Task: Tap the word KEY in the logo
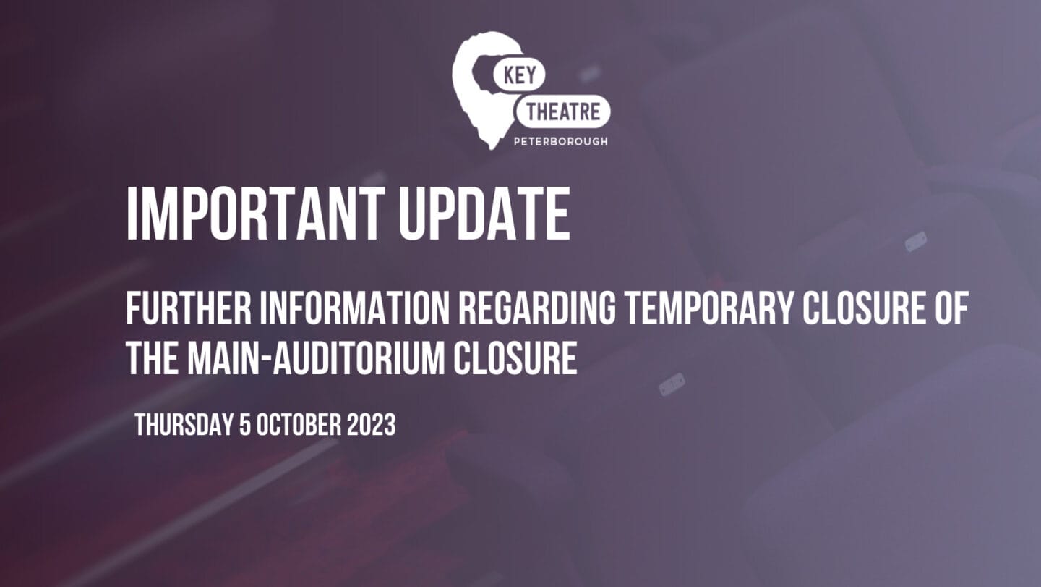coord(520,75)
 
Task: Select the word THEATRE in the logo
coord(563,112)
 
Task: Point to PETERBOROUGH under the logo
coord(560,141)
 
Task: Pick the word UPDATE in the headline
coord(484,214)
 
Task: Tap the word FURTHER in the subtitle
coord(189,308)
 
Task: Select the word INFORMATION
coord(354,308)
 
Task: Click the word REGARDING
coord(537,308)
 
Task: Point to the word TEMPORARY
coord(708,308)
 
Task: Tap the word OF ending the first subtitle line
coord(952,308)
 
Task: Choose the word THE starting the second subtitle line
coord(153,358)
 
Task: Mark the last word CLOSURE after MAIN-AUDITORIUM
coord(515,358)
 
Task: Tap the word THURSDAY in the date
coord(184,425)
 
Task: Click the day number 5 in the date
coord(245,425)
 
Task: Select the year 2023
coord(371,425)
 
